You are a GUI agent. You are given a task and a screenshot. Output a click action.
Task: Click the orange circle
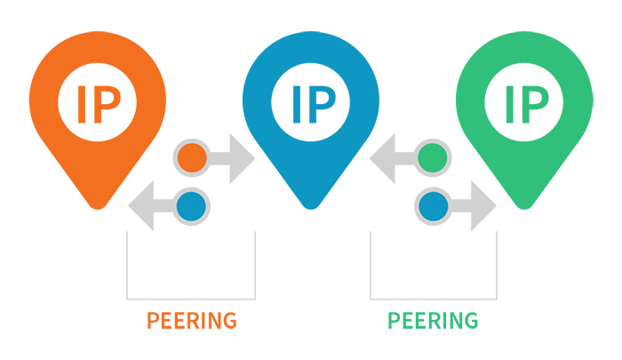(x=192, y=158)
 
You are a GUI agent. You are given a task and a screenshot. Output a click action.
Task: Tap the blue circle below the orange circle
(x=192, y=206)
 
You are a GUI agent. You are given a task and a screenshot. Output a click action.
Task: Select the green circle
(x=432, y=158)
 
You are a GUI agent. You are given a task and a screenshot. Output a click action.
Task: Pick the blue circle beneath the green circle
(x=432, y=206)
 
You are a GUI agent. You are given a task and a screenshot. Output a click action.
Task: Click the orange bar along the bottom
(x=169, y=324)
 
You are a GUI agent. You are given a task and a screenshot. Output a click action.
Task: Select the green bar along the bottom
(x=453, y=324)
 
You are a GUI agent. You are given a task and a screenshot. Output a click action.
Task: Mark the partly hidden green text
(x=432, y=312)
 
